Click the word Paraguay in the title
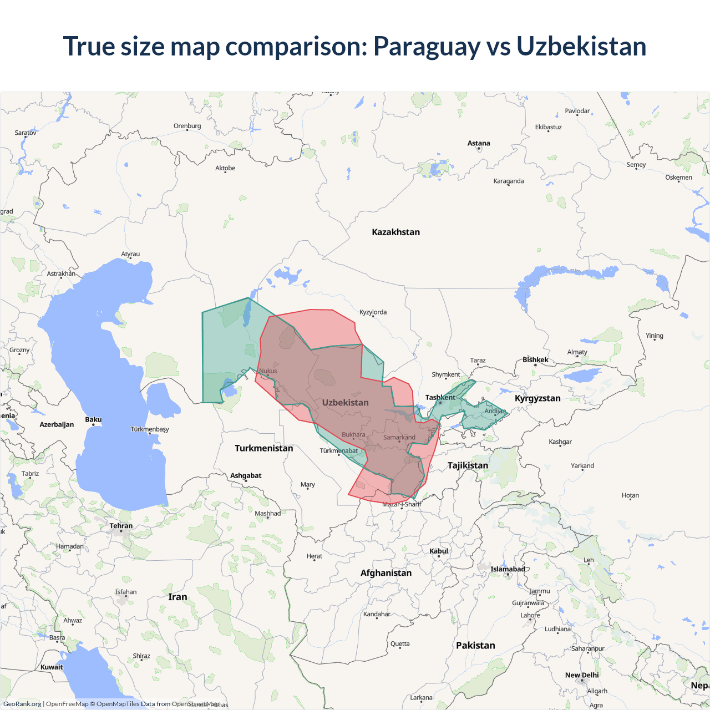427,47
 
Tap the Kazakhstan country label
395,232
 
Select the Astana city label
479,143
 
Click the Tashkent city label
440,397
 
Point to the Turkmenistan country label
263,448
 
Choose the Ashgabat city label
246,475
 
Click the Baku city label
93,419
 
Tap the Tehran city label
121,526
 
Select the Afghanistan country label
386,573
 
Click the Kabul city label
439,551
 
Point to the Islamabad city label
508,569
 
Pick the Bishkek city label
535,360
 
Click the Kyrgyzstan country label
537,398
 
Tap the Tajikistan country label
468,465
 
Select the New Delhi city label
582,675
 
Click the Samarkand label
399,437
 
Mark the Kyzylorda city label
373,312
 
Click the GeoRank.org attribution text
22,704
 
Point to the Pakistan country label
475,645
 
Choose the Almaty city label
577,352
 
